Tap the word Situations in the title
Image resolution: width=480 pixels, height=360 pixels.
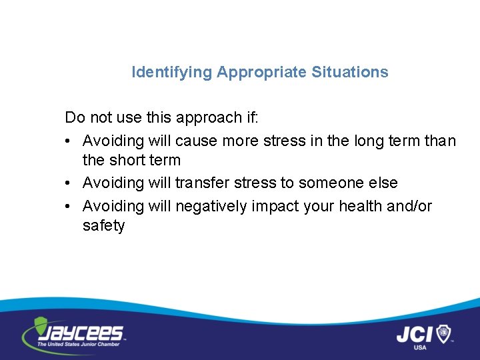[349, 72]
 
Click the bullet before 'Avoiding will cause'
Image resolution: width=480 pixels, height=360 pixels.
[69, 141]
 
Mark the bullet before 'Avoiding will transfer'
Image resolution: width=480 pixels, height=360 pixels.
[69, 183]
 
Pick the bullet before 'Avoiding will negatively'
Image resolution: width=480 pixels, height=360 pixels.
[69, 207]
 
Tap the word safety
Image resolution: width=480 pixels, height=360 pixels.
[103, 226]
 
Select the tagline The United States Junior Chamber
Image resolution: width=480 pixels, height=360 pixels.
[79, 344]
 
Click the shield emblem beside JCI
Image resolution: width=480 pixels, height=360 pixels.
[443, 333]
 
